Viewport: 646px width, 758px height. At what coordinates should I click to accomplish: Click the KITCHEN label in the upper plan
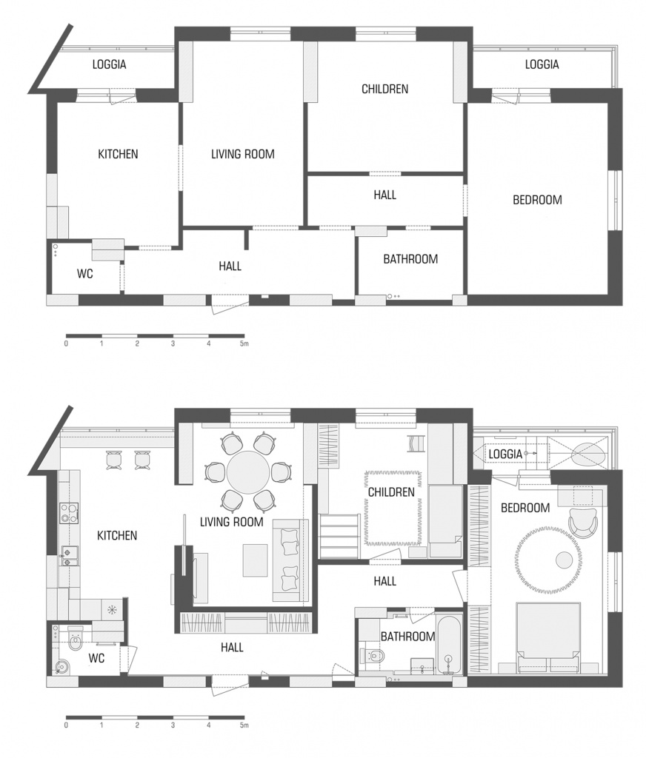[118, 154]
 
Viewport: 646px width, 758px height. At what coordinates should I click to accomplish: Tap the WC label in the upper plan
[84, 274]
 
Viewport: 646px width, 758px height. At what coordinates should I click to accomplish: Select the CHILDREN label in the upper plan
[384, 89]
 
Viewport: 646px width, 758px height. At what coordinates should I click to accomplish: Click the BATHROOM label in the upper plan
[410, 259]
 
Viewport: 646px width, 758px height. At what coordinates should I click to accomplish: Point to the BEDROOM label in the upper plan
[537, 200]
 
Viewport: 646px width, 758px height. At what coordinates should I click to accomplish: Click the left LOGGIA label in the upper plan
[110, 64]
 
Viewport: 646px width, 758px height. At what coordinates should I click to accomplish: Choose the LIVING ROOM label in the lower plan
[231, 522]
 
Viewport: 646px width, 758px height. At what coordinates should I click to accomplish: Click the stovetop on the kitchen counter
[69, 514]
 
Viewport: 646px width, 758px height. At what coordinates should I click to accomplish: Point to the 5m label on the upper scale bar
[244, 343]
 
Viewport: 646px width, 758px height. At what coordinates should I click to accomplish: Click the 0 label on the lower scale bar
[66, 725]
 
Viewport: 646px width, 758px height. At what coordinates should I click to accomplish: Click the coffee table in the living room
[255, 560]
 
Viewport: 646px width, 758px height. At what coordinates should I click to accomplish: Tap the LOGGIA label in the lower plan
[505, 454]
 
